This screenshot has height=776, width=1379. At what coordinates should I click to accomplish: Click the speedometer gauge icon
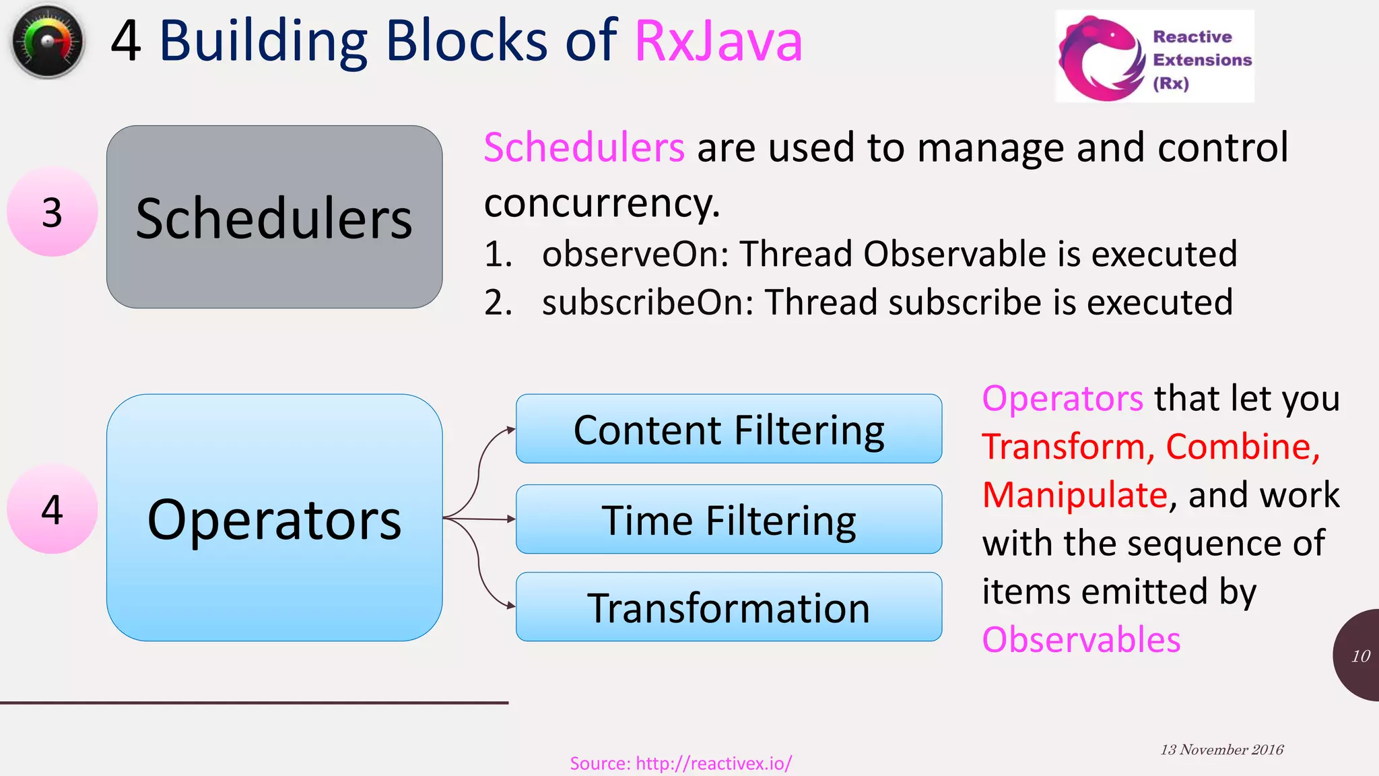47,42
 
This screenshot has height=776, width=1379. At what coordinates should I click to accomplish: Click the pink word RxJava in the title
718,42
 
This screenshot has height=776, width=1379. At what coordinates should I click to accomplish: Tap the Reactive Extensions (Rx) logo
1154,57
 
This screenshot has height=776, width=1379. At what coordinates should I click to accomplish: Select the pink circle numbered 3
52,212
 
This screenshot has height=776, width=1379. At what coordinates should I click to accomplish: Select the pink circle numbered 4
52,509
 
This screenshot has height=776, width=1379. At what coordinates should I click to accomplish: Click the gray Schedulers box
274,217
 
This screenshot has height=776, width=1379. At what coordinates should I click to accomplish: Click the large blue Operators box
274,517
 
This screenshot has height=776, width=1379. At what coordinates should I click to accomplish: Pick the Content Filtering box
729,429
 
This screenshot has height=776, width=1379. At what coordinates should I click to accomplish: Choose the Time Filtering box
729,519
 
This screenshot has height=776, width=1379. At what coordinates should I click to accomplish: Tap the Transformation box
729,607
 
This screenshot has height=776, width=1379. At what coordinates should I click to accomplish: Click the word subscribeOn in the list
647,302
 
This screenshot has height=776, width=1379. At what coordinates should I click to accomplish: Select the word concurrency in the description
601,203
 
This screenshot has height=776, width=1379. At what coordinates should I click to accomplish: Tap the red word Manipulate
1075,495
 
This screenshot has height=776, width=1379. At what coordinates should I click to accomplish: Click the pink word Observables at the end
1081,640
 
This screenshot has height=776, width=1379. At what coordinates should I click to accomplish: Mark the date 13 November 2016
1221,750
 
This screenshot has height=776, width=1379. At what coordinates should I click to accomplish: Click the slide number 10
1360,656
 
